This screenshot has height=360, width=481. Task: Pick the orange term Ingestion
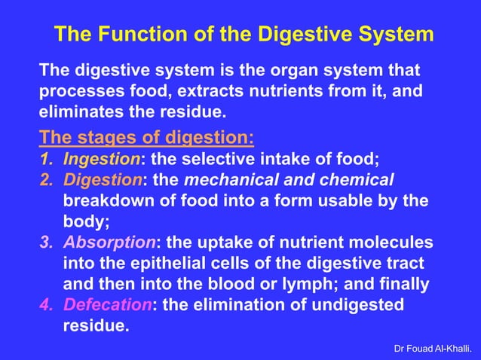click(102, 160)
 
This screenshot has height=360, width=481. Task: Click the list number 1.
click(47, 160)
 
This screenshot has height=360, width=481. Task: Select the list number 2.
click(47, 181)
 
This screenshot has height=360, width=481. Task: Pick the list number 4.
click(47, 305)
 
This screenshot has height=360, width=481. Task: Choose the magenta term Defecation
click(108, 305)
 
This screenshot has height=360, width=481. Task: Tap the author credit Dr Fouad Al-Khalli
click(434, 349)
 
